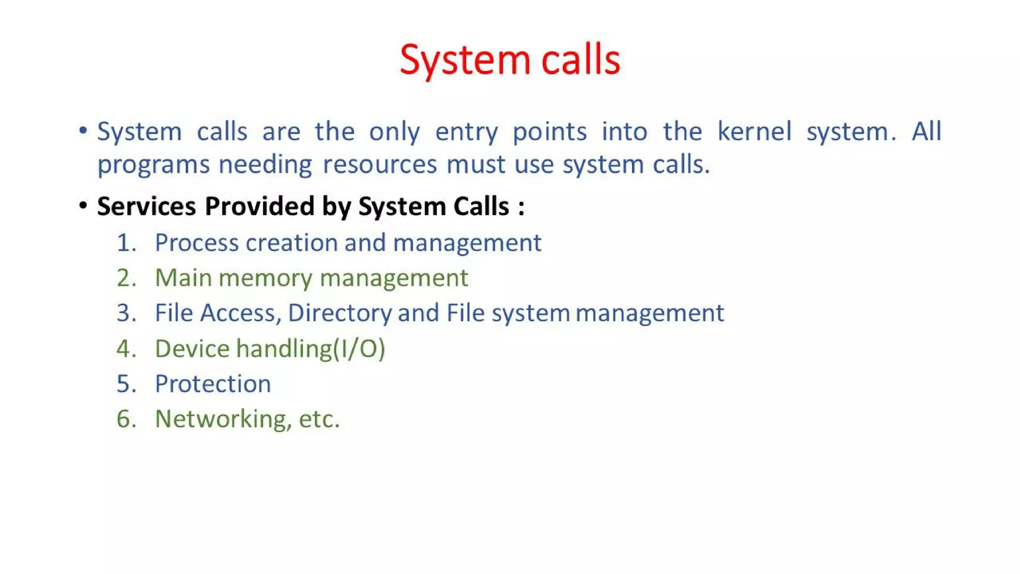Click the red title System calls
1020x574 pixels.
(x=510, y=60)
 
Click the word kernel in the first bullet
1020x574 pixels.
(x=754, y=132)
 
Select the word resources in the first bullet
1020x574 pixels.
(x=380, y=164)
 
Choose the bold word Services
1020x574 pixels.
(x=146, y=206)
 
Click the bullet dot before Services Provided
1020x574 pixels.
(x=83, y=205)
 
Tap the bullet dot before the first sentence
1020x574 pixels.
(x=83, y=131)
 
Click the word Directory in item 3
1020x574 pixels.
(x=340, y=313)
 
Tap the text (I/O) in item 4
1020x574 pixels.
(x=359, y=349)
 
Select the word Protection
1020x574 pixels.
(x=213, y=384)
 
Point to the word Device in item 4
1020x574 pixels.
(x=192, y=349)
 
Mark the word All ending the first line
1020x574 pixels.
(x=926, y=132)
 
